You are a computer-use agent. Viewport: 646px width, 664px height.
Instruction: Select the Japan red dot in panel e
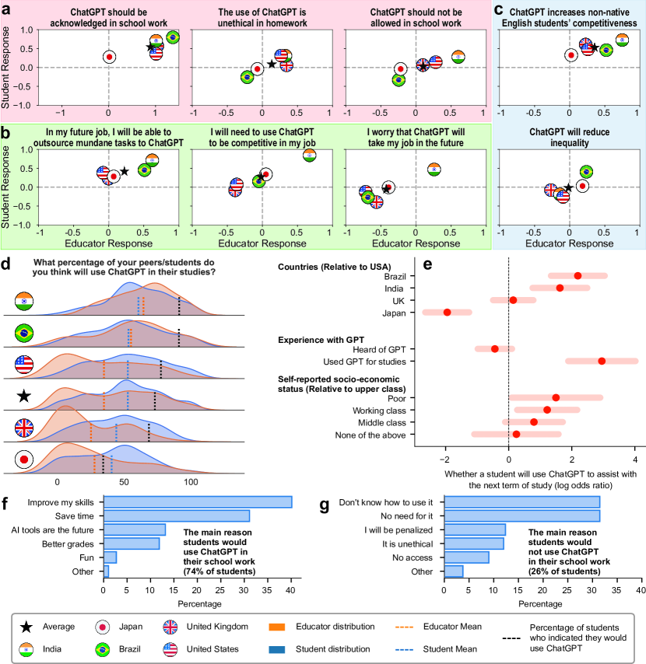[447, 313]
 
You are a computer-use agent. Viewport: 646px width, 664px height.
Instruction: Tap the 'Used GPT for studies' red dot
[602, 361]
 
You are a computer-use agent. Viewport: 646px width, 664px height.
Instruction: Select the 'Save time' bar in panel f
[177, 515]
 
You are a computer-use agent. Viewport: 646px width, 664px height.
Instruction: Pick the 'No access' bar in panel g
[467, 557]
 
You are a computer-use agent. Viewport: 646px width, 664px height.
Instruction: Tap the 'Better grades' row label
[70, 543]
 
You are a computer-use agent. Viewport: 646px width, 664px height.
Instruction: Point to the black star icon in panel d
[24, 397]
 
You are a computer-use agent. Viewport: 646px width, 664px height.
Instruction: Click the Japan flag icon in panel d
[24, 460]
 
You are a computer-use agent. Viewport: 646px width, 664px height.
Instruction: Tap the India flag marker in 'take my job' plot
[434, 169]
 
